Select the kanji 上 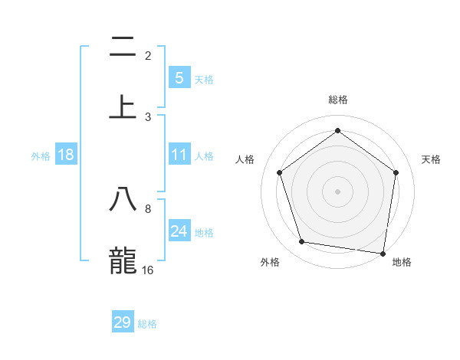[x=123, y=107]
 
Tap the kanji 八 [x=123, y=199]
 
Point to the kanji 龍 [x=123, y=260]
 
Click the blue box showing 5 [x=179, y=78]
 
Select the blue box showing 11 [x=179, y=155]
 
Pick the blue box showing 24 [x=179, y=231]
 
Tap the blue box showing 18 [x=66, y=155]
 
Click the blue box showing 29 [x=123, y=322]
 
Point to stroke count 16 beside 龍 [x=148, y=270]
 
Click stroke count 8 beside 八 [x=148, y=208]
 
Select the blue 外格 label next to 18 [x=41, y=156]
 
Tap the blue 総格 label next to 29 [x=147, y=324]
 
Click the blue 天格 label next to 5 [x=204, y=80]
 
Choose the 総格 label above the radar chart [x=338, y=100]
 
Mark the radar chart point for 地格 [x=383, y=253]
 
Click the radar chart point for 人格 [x=279, y=172]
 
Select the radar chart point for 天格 [x=396, y=172]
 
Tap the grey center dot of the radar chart [x=338, y=191]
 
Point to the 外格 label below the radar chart [x=270, y=262]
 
